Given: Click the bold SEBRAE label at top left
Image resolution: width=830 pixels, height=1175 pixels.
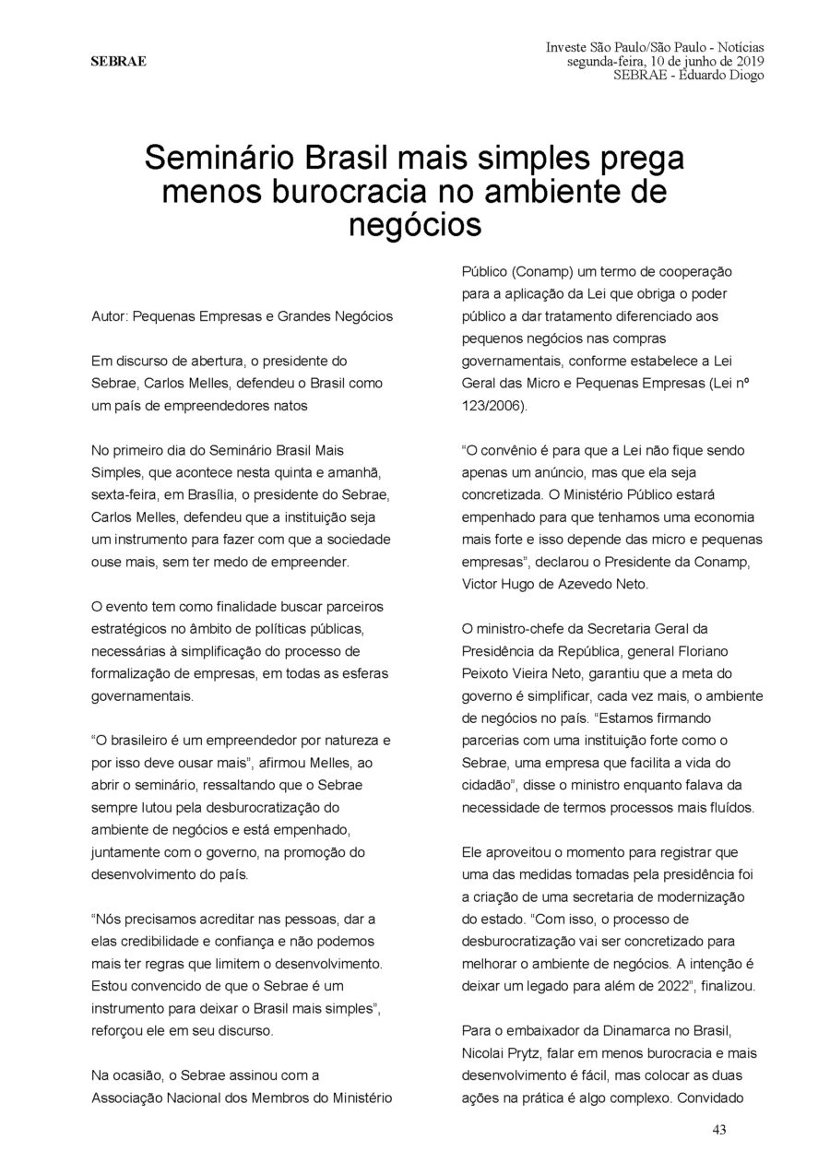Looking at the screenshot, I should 117,62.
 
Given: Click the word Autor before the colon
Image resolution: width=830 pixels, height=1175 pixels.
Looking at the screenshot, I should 109,315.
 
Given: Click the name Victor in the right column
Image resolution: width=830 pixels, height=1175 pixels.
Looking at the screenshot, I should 480,583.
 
